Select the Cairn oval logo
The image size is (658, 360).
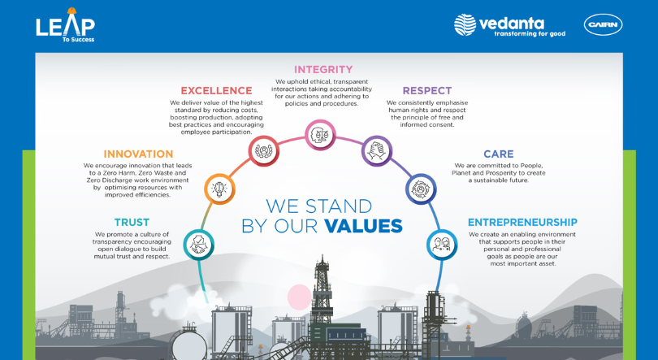coord(603,25)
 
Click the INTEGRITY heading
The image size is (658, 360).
coord(323,70)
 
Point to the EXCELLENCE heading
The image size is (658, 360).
coord(216,90)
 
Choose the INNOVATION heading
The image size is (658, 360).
coord(138,154)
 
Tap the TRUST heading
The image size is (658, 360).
coord(131,222)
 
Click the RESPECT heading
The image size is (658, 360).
coord(427,90)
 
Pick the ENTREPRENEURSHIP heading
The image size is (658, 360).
coord(522,222)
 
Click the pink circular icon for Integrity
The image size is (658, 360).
coord(319,134)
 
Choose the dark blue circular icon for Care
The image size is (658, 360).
coord(420,189)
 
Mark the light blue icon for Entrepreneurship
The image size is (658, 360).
coord(442,244)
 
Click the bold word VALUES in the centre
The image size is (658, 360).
coord(363,226)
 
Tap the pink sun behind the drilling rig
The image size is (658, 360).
coord(300,297)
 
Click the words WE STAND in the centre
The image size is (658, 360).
coord(319,206)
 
